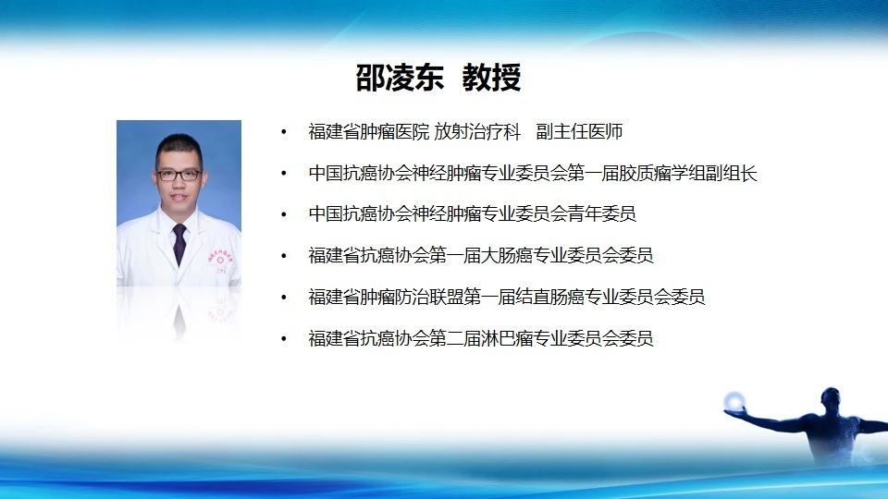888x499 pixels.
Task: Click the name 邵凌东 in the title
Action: click(x=400, y=78)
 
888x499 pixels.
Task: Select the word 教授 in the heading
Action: click(x=491, y=78)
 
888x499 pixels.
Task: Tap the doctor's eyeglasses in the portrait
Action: click(x=179, y=175)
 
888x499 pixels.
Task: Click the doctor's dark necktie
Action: click(x=179, y=243)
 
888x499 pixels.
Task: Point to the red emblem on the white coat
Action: click(x=220, y=260)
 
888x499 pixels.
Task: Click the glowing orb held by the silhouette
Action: click(x=734, y=401)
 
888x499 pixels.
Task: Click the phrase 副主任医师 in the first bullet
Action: click(x=579, y=132)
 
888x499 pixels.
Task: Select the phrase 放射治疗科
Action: click(x=477, y=132)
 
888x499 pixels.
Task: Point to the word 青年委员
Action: click(x=602, y=213)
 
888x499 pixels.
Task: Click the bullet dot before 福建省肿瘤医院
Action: click(x=284, y=132)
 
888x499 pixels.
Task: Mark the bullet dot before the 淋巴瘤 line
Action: click(x=284, y=339)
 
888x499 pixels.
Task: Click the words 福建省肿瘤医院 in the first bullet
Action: click(x=369, y=132)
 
